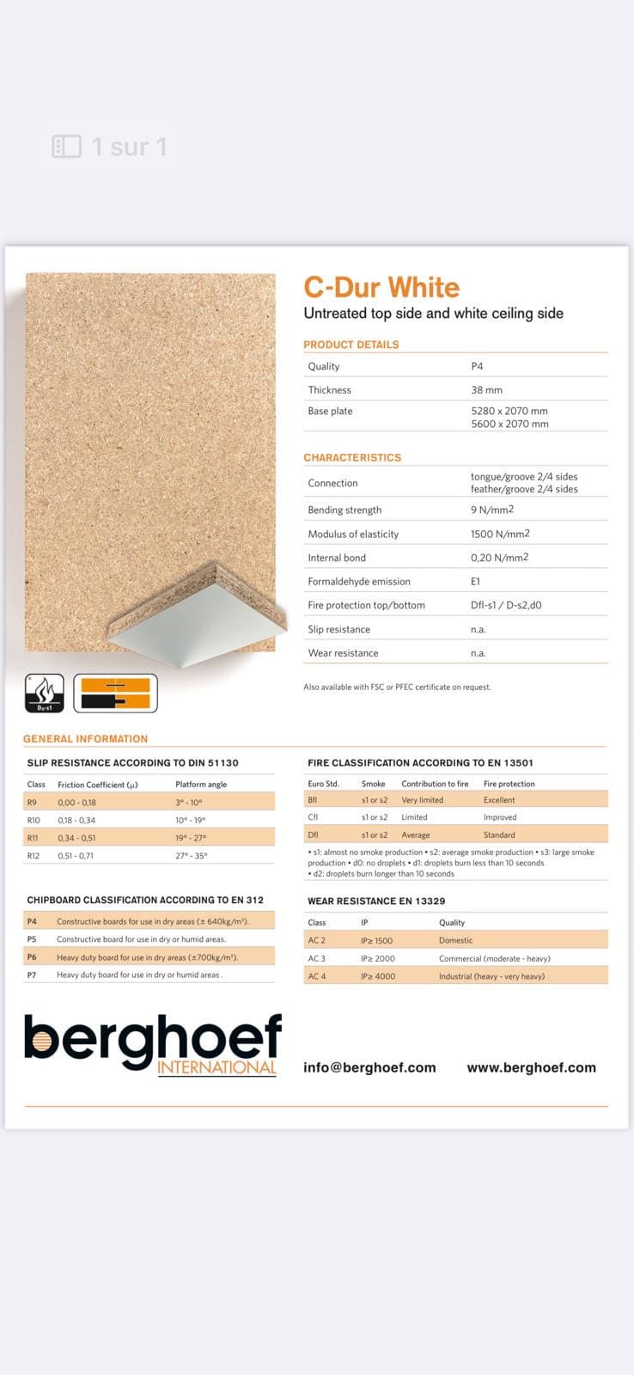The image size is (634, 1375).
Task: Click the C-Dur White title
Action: coord(381,287)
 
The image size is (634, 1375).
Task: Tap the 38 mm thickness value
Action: coord(486,390)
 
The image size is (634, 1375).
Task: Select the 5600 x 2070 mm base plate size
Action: coord(509,424)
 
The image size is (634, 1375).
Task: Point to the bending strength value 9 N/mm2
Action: coord(491,510)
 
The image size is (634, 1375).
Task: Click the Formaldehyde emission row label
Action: coord(359,582)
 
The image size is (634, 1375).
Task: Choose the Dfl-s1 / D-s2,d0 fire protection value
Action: coord(506,605)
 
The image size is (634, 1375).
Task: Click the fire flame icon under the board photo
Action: coord(45,693)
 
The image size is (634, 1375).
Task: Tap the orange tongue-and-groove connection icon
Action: coord(115,693)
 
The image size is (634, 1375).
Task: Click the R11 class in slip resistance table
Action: coord(33,838)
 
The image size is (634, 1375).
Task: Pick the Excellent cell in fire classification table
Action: coord(499,800)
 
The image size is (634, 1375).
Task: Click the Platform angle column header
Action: coord(201,785)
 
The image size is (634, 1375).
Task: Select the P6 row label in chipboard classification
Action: coord(32,957)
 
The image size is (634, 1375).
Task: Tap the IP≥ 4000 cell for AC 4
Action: coord(378,976)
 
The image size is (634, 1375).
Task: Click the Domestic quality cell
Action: coord(455,940)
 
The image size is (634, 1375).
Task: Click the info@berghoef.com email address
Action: coord(369,1067)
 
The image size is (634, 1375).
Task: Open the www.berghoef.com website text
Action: coord(531,1067)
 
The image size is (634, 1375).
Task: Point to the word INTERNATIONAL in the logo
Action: coord(216,1067)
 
